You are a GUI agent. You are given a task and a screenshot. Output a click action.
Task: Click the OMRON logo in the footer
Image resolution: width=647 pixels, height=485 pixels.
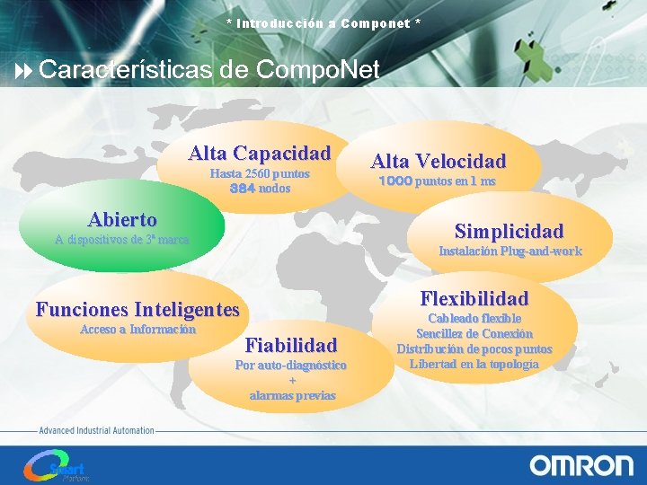pos(581,464)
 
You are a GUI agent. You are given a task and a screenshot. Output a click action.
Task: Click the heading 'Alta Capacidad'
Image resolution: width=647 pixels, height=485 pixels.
pos(260,154)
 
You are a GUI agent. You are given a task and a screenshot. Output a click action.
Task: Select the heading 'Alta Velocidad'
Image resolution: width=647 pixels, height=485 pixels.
pos(439,162)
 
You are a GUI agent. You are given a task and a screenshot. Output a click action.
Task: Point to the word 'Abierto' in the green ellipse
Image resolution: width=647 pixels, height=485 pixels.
pos(122,219)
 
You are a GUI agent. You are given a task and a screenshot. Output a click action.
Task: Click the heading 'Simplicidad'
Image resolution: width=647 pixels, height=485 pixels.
pos(509,231)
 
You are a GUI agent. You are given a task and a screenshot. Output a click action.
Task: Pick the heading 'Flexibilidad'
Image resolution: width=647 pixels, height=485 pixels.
pos(474,298)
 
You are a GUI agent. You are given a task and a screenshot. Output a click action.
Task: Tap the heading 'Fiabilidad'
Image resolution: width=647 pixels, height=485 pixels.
pos(291,345)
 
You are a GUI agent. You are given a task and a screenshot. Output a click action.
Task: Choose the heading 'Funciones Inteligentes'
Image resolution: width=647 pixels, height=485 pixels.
pos(137,310)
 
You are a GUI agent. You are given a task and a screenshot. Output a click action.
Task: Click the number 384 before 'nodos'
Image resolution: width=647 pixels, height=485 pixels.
pos(242,189)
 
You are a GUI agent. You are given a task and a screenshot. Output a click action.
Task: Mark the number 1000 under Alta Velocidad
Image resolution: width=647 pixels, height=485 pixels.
pos(395,181)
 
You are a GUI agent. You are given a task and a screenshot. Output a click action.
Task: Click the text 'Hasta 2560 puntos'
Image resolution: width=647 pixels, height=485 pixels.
pos(260,173)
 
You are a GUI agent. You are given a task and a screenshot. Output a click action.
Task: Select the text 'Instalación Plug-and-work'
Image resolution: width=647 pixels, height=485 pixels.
pos(510,251)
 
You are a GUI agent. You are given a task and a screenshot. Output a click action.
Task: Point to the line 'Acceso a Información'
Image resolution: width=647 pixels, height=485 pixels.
pos(137,330)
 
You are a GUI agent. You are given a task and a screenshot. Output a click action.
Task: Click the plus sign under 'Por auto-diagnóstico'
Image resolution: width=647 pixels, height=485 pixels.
pos(292,380)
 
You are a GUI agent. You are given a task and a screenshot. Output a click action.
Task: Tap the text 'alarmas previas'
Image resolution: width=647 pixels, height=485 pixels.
pos(292,395)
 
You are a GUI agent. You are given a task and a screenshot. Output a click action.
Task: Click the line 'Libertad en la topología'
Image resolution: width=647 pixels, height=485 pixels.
pos(474,364)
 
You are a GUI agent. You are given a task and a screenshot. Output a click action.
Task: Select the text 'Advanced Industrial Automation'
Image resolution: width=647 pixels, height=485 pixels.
pos(96,431)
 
